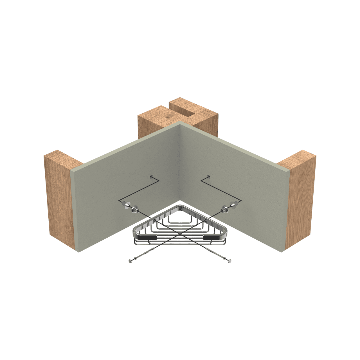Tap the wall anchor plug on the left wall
tap(127, 205)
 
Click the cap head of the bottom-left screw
tap(130, 261)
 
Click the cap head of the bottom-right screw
tap(230, 261)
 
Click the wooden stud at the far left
tap(59, 200)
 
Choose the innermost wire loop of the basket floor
tap(180, 218)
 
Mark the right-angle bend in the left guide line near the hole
tap(159, 180)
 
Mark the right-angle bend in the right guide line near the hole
tap(201, 180)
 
